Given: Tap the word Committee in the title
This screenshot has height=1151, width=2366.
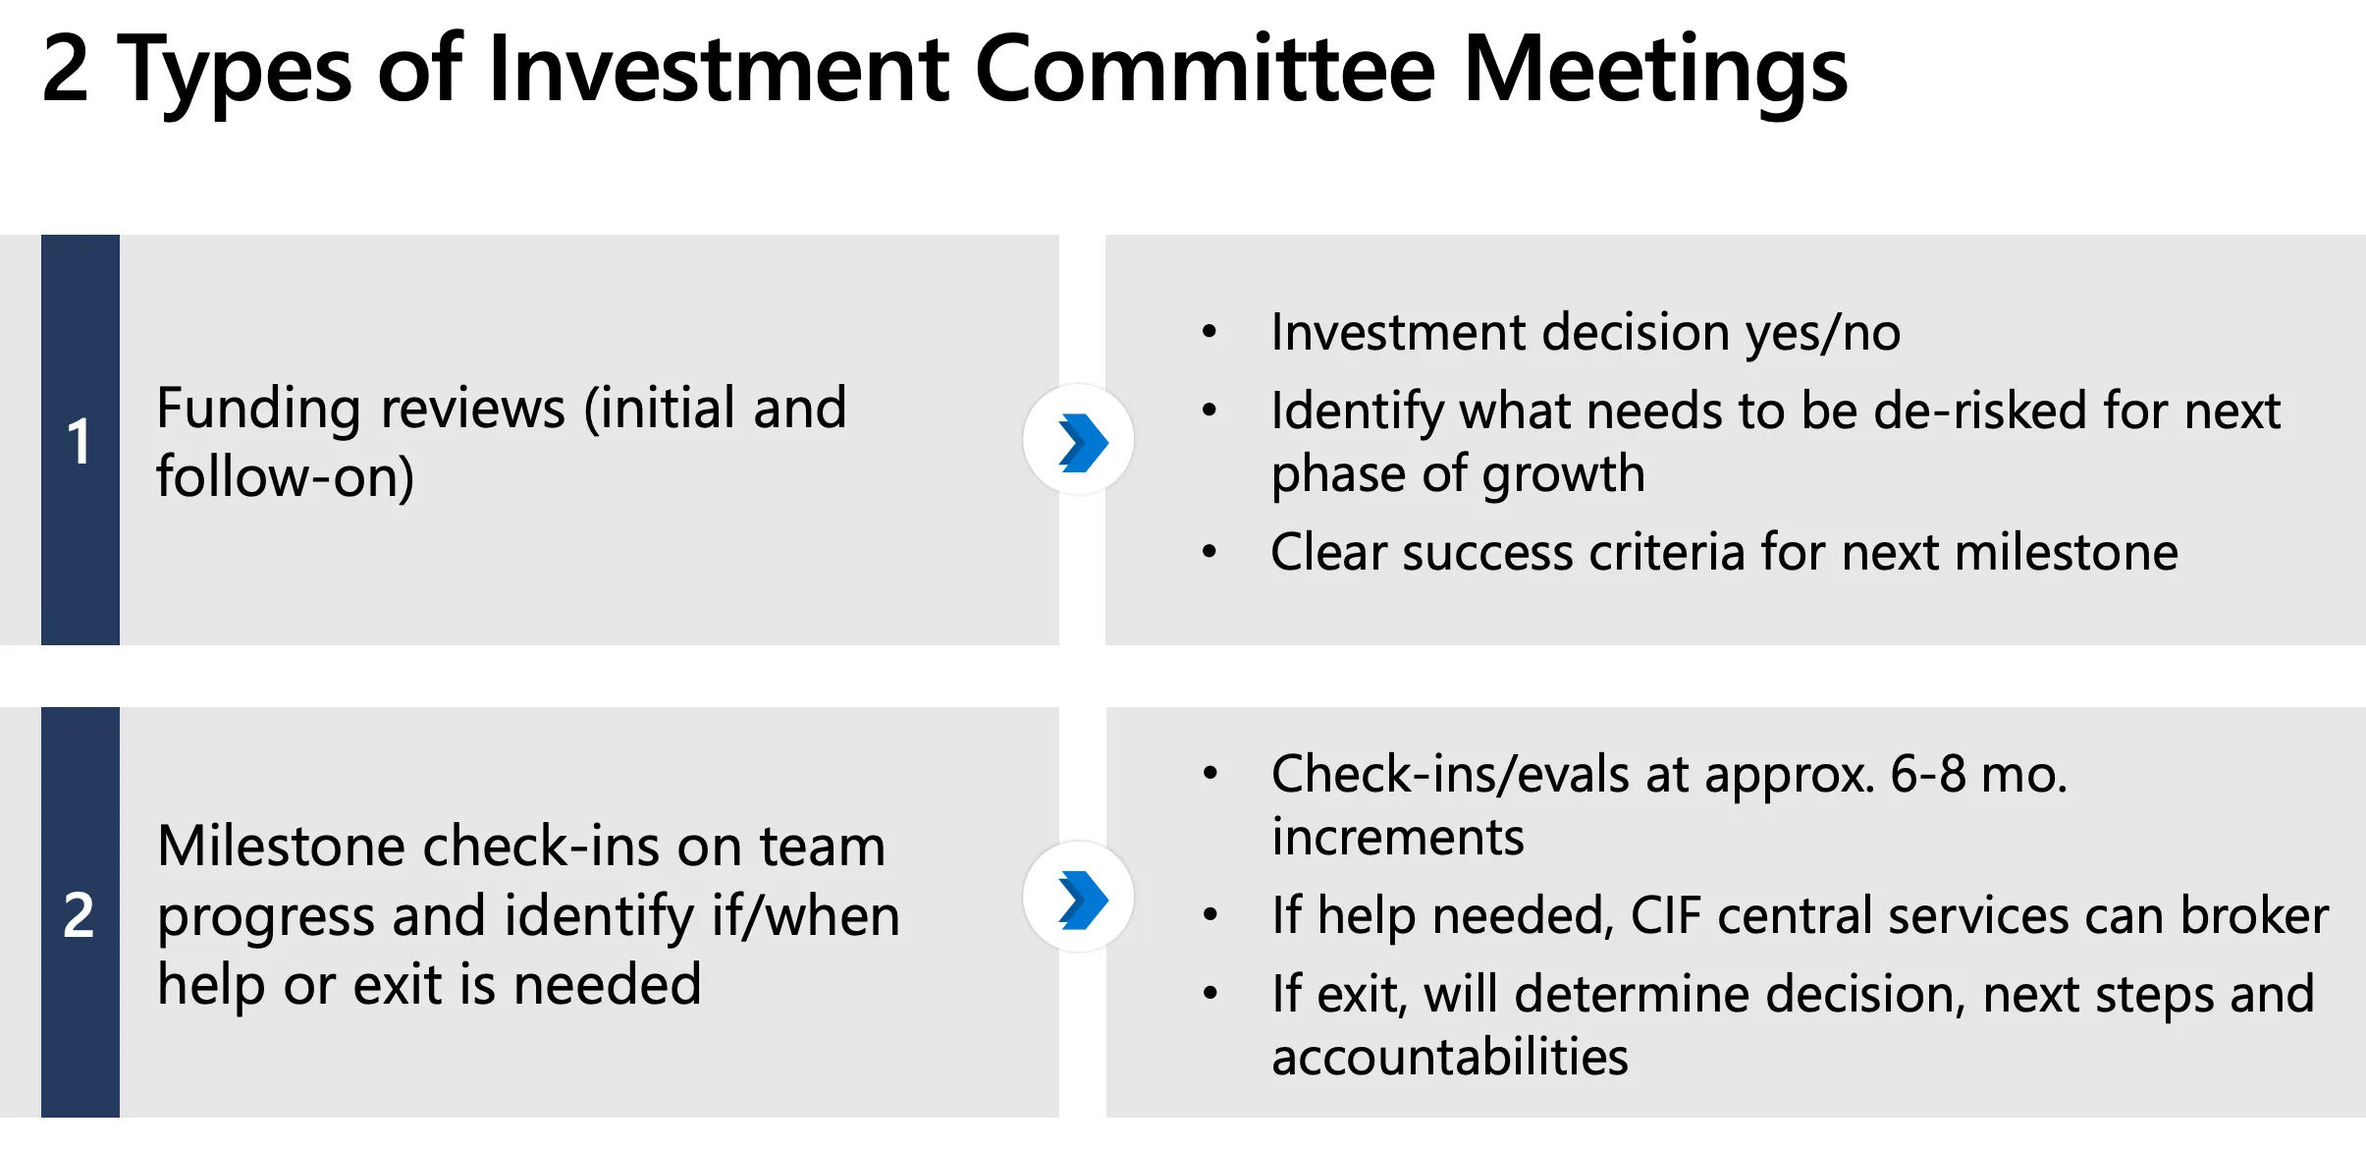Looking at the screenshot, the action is point(1206,68).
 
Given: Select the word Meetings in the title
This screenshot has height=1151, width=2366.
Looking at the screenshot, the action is point(1655,74).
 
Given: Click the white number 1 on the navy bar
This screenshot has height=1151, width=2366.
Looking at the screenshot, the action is point(79,441).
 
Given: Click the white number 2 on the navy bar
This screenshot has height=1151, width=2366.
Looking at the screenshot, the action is point(79,915).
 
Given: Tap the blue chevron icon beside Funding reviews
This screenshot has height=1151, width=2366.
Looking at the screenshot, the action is point(1082,442).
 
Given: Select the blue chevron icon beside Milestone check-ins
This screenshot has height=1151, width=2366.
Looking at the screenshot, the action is point(1082,900).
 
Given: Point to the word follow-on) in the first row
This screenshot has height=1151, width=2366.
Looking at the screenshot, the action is point(286,477).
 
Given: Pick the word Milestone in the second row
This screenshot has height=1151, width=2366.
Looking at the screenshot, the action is point(281,847).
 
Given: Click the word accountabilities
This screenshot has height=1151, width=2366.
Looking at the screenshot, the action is point(1450,1057).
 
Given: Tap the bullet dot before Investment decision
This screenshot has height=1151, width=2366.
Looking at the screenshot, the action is point(1210,332).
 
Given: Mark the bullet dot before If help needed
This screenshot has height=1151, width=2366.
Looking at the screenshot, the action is point(1210,915).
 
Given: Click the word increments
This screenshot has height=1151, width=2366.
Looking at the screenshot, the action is point(1398,837).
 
